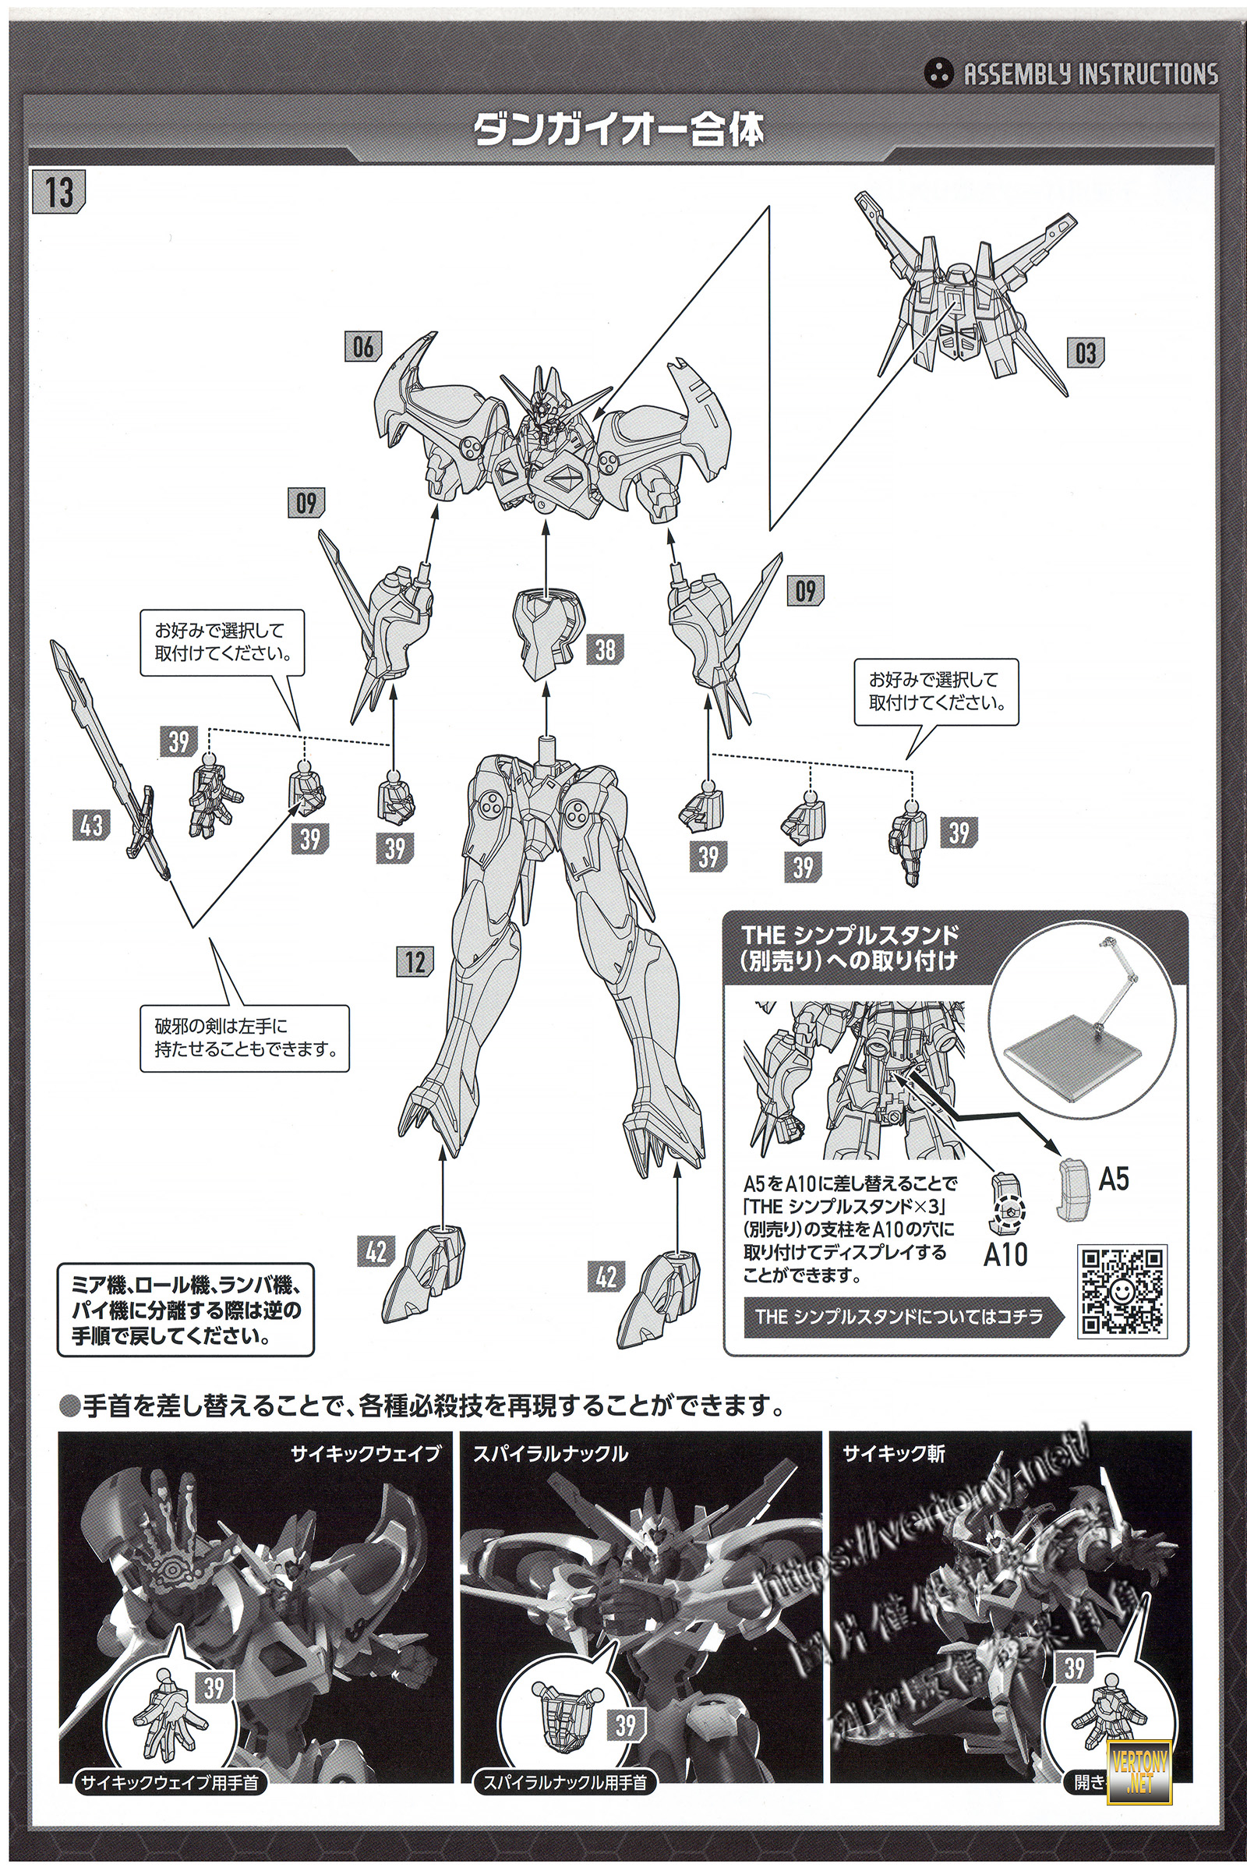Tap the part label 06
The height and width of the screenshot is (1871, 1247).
(363, 347)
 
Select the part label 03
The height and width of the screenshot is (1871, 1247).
(1085, 352)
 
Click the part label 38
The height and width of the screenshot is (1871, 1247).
(606, 649)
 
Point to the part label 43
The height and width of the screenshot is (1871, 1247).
(90, 825)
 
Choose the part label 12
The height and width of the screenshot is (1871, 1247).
(415, 963)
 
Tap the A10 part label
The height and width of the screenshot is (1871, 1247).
(1006, 1254)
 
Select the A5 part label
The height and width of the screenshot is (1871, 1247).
(1114, 1179)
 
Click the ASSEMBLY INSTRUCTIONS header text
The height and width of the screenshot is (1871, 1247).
(1090, 75)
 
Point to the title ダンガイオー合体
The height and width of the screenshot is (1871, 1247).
(619, 130)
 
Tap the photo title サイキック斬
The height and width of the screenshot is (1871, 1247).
(894, 1454)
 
